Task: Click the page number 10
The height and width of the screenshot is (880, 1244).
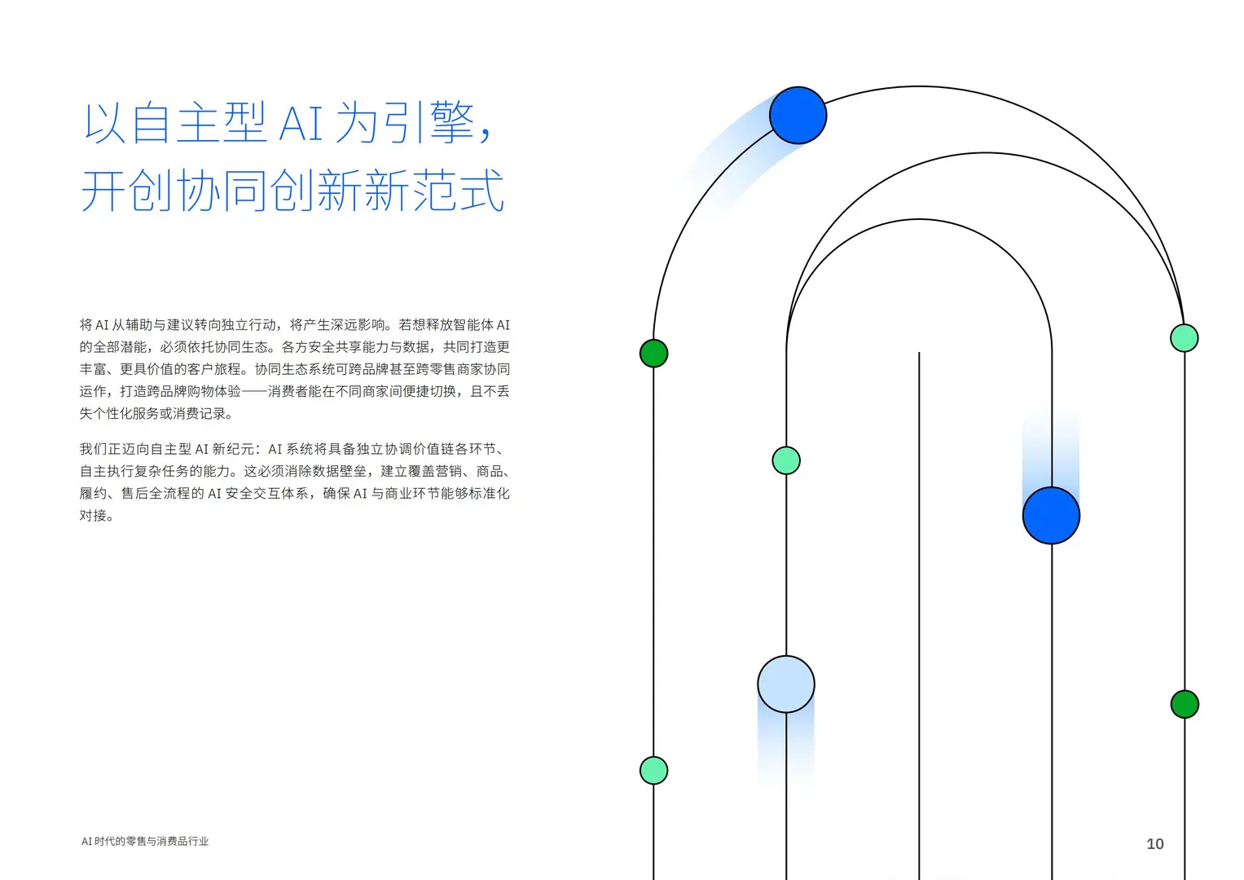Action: (1154, 844)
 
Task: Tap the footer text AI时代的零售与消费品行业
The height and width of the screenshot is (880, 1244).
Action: (145, 842)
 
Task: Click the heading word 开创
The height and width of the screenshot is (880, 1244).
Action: (128, 191)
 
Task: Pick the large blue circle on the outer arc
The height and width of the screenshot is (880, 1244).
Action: (798, 116)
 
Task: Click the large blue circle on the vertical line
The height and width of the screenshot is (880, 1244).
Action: (1051, 515)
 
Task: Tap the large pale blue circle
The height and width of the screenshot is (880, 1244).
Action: (785, 684)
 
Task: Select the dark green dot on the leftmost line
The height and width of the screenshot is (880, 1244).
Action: (653, 354)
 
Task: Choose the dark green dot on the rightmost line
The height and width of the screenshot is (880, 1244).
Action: (1184, 704)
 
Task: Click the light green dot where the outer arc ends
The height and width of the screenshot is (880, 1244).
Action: (1184, 337)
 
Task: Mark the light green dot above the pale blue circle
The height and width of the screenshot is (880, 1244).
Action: (785, 460)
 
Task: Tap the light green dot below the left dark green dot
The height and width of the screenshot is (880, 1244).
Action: (653, 770)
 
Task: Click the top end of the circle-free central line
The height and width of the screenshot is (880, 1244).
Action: (919, 354)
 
